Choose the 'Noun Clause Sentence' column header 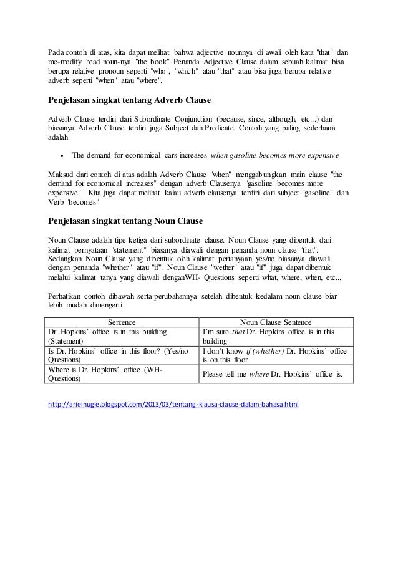point(274,322)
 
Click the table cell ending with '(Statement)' point(121,337)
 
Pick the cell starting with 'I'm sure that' point(274,337)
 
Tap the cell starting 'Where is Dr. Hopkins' point(121,374)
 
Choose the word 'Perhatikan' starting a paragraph point(67,296)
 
